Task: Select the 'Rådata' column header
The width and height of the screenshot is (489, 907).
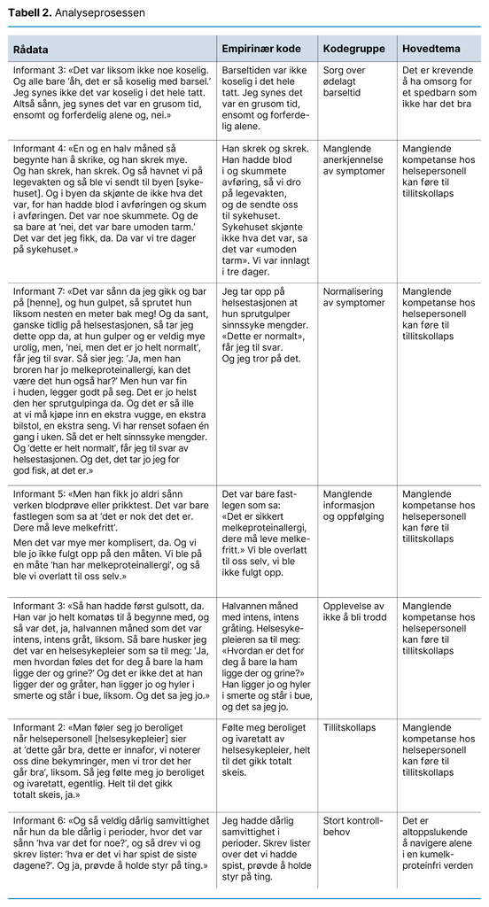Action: coord(33,48)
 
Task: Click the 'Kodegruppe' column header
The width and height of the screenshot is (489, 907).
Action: coord(352,48)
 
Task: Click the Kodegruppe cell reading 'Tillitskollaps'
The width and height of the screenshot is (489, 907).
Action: coord(349,728)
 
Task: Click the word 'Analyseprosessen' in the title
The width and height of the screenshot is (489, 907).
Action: coord(97,13)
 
